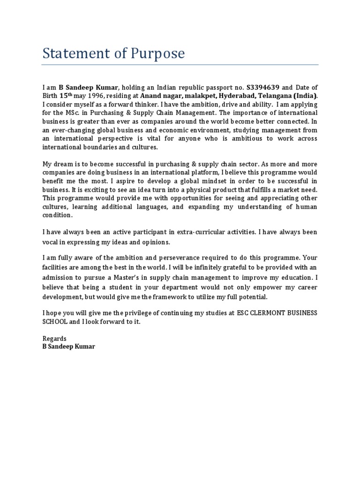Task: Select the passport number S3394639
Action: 263,88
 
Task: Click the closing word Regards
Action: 54,338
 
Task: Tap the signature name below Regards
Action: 68,347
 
